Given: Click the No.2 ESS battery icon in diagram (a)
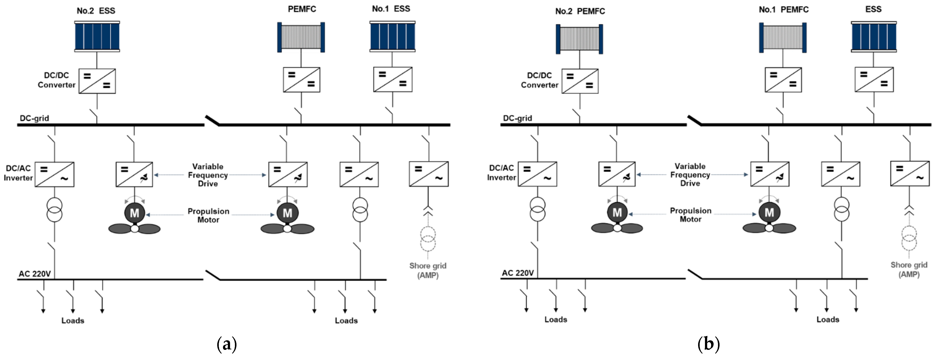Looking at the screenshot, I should pos(97,36).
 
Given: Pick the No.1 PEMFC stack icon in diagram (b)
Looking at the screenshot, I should pos(783,38).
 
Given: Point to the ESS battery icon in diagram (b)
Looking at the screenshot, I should pos(874,37).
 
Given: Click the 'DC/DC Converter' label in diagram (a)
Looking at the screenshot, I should pos(56,80).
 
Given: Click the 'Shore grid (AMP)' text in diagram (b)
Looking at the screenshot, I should pos(909,269).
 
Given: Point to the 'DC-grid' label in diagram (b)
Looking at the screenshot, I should pos(517,118).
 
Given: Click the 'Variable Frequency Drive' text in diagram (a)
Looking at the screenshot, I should pos(208,175).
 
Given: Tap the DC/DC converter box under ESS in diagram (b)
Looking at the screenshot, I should pos(874,79).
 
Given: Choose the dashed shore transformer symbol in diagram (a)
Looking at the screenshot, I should pos(428,239).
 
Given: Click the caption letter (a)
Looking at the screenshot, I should pos(227,344).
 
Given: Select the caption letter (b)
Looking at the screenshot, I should pos(708,344).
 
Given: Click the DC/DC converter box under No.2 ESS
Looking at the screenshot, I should pos(97,81).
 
